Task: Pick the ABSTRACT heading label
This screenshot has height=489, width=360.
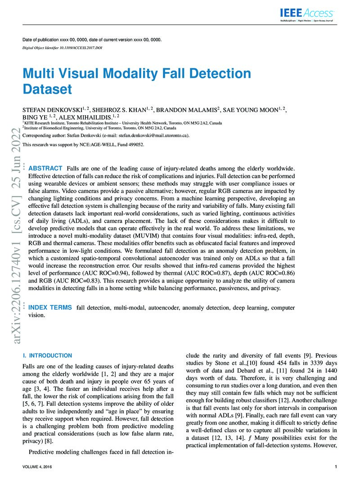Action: pyautogui.click(x=45, y=168)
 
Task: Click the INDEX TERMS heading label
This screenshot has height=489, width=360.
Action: pyautogui.click(x=49, y=307)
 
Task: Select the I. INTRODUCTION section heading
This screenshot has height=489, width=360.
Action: pyautogui.click(x=47, y=355)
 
